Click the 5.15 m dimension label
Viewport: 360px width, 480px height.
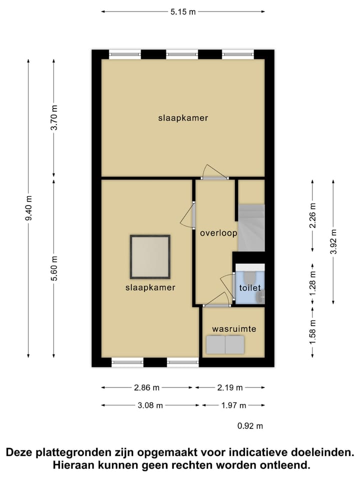click(x=182, y=12)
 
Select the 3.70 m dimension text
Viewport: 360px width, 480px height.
click(x=54, y=118)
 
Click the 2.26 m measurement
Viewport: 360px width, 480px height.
click(x=313, y=215)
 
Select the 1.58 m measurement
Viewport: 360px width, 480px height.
click(x=313, y=331)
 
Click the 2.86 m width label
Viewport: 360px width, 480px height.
click(x=147, y=387)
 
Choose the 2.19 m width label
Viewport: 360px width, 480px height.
click(x=230, y=387)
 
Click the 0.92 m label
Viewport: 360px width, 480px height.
click(x=250, y=426)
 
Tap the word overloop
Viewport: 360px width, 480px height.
click(x=218, y=233)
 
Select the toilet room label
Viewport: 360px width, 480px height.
click(x=250, y=288)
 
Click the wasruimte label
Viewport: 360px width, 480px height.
click(x=234, y=329)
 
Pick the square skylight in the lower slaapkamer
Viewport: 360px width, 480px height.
click(x=150, y=257)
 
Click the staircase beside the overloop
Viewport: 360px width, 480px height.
click(x=250, y=227)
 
